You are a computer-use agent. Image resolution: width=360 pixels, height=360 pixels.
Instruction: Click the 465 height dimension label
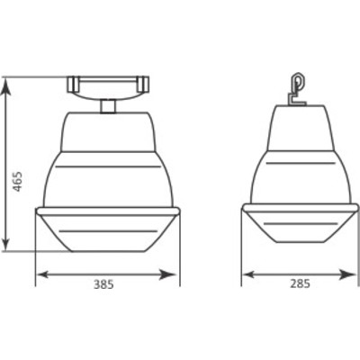click(x=18, y=182)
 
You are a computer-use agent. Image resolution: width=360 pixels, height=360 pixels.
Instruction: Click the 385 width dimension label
click(x=103, y=284)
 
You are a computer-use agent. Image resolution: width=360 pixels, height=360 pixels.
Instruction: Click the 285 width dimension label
click(x=300, y=283)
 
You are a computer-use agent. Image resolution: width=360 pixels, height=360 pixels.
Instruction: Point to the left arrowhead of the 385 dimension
click(x=43, y=274)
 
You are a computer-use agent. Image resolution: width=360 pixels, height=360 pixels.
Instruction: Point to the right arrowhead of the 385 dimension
click(x=167, y=274)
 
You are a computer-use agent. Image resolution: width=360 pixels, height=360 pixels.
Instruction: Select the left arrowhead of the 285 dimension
click(x=248, y=274)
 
